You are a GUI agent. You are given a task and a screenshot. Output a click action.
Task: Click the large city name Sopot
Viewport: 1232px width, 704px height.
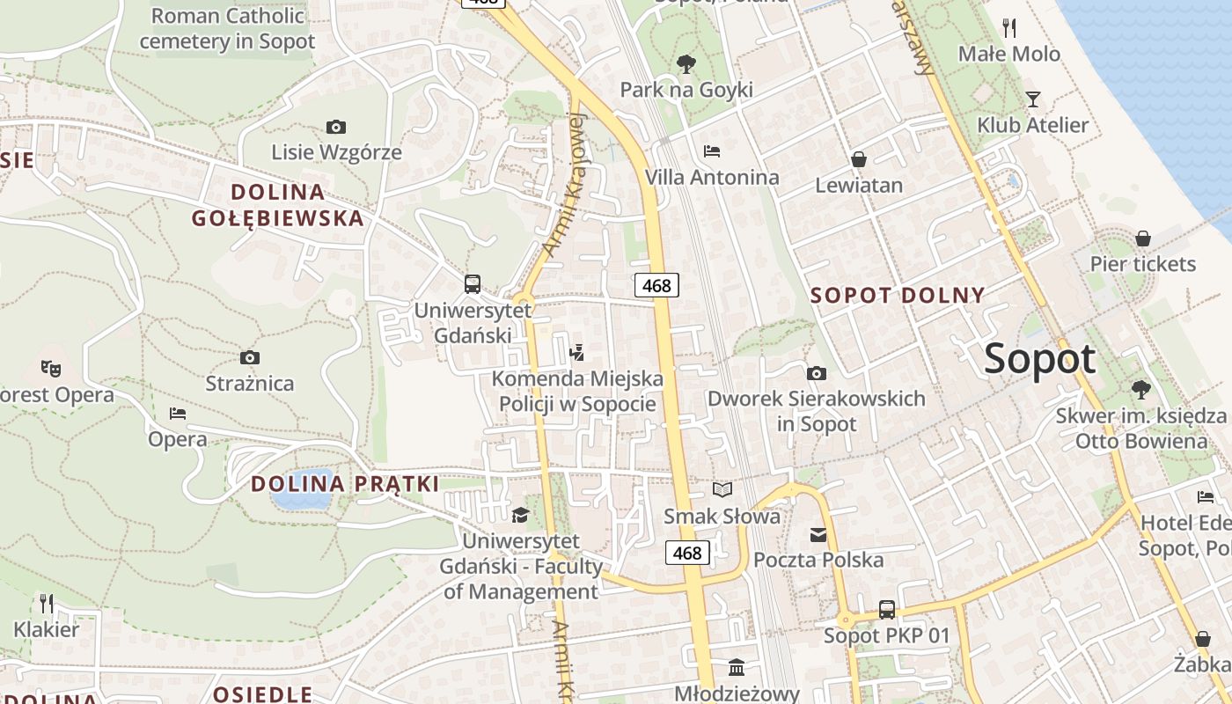[1040, 359]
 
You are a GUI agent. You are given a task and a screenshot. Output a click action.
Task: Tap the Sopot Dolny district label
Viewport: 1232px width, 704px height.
[897, 295]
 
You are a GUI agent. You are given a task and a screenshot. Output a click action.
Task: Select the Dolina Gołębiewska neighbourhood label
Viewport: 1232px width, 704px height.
[297, 205]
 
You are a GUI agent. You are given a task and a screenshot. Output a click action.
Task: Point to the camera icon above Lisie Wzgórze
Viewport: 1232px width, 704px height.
[335, 127]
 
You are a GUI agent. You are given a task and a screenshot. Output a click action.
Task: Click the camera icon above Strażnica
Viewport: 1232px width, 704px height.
[250, 357]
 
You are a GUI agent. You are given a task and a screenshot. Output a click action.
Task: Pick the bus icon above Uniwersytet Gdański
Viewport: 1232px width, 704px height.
[473, 283]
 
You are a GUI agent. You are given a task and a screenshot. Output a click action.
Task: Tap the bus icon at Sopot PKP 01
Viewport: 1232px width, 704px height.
[887, 609]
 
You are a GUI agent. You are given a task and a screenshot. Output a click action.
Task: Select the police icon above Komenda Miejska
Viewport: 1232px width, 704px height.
[577, 353]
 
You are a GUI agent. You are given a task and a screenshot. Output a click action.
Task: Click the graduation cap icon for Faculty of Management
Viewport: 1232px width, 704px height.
[521, 515]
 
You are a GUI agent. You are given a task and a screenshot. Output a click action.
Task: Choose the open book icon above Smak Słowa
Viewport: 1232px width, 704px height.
[722, 489]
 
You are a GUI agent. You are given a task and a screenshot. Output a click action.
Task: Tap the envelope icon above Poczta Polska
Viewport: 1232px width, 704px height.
[818, 534]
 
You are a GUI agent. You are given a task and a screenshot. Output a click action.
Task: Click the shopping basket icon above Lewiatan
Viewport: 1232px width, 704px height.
[859, 159]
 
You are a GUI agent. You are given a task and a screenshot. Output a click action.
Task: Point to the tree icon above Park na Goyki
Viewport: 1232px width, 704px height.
[686, 63]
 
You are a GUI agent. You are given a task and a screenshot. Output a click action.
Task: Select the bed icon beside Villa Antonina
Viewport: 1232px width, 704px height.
[712, 151]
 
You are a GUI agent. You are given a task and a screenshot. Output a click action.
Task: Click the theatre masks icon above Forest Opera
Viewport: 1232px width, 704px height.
[50, 368]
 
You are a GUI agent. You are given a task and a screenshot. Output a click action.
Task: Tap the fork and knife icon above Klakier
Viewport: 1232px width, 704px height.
[47, 603]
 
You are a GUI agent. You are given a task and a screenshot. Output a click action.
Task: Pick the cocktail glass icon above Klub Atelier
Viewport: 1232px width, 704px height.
[1032, 99]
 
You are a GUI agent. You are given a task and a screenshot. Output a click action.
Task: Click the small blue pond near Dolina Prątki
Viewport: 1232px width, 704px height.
[302, 496]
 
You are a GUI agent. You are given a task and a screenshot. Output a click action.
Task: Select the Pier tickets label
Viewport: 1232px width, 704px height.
[1143, 264]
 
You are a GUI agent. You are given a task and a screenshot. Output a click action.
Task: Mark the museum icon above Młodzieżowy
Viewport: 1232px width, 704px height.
[737, 666]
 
